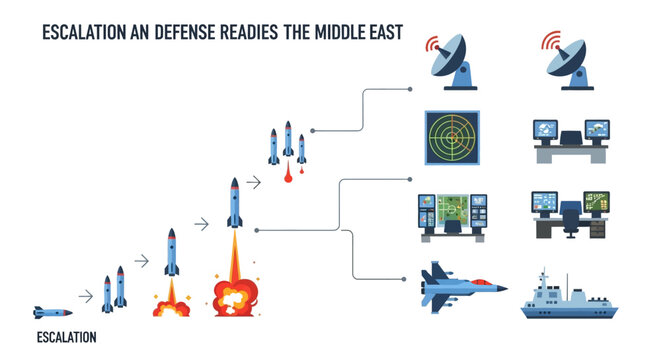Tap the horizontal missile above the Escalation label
(53, 311)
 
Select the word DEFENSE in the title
(180, 32)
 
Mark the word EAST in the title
(384, 32)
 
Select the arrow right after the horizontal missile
(84, 294)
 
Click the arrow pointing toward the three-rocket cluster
(254, 182)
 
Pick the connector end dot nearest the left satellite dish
(412, 89)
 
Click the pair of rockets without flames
(115, 288)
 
